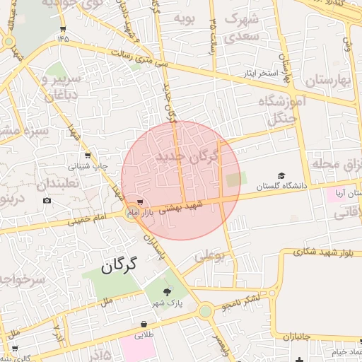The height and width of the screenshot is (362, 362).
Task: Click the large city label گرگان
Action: coord(117,267)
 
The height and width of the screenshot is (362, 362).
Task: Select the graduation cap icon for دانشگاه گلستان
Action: coord(281,175)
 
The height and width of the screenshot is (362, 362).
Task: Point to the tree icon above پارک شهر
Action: coord(167,291)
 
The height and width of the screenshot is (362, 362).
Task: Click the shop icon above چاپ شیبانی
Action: coord(87,156)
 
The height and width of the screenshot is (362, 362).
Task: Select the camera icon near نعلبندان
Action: coord(47,200)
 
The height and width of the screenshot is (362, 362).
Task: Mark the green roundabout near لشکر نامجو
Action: coord(205,310)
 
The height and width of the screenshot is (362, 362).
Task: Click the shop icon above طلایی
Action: coord(144,325)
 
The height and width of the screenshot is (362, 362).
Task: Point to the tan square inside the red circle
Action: coord(233,180)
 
